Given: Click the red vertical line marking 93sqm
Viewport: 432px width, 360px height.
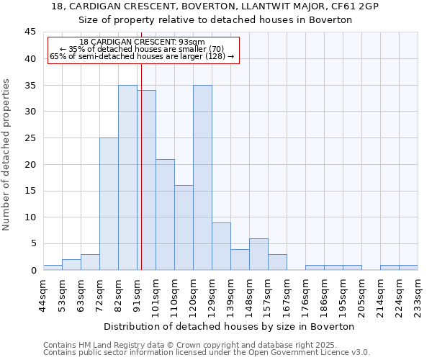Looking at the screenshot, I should (x=141, y=180).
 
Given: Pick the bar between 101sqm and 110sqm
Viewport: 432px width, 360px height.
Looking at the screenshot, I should (x=165, y=215).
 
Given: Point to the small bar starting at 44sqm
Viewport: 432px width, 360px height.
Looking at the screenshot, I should (x=53, y=267).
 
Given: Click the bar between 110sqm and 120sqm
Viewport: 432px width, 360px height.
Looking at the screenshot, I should (x=184, y=228).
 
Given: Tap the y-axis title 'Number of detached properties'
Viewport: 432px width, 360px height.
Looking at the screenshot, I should (x=6, y=155).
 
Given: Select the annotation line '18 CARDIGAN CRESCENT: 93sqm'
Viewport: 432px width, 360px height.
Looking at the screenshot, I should (x=142, y=42).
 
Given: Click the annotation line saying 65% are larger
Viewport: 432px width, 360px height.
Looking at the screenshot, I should (x=142, y=56).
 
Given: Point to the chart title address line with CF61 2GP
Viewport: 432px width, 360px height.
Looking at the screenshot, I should (x=215, y=6).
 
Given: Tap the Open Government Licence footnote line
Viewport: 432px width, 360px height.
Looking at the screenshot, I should (x=207, y=352).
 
